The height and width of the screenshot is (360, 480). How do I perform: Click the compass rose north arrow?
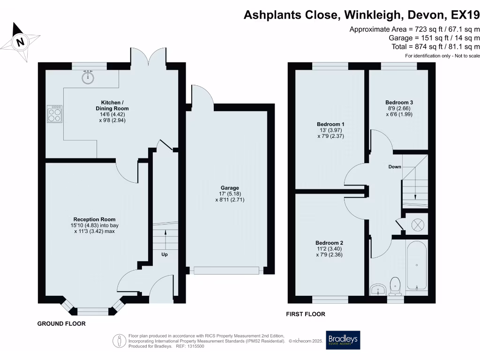[x=19, y=42]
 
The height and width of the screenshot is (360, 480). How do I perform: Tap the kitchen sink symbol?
[x=87, y=77]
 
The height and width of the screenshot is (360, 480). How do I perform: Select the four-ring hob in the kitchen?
[x=54, y=113]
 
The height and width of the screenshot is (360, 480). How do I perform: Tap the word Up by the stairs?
[x=165, y=255]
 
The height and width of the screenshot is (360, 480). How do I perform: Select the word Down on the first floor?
[x=395, y=167]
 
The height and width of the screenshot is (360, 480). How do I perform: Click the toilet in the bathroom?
[x=395, y=286]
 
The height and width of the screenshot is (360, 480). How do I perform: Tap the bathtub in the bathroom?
[x=416, y=266]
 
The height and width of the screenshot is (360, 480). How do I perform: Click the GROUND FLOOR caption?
[x=61, y=324]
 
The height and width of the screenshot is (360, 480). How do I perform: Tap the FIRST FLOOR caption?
[x=306, y=315]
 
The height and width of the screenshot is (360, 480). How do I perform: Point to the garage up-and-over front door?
[x=227, y=270]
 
